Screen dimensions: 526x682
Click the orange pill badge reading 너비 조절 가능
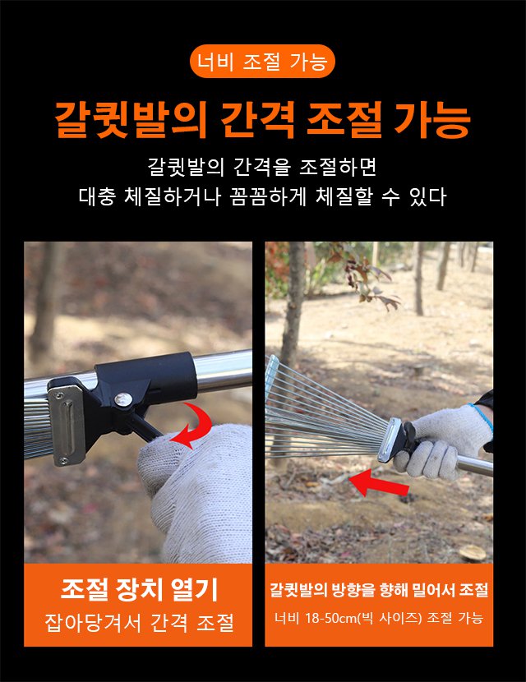[262, 62]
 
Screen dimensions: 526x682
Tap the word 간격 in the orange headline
[259, 120]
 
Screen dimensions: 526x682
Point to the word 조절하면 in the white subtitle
[338, 167]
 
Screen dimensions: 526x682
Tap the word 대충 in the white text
[98, 196]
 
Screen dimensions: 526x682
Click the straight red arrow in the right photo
[378, 483]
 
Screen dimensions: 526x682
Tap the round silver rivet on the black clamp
[122, 398]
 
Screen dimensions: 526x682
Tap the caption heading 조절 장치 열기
[139, 589]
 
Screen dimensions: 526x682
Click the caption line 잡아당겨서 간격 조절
[139, 622]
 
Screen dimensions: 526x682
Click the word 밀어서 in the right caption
[434, 590]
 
